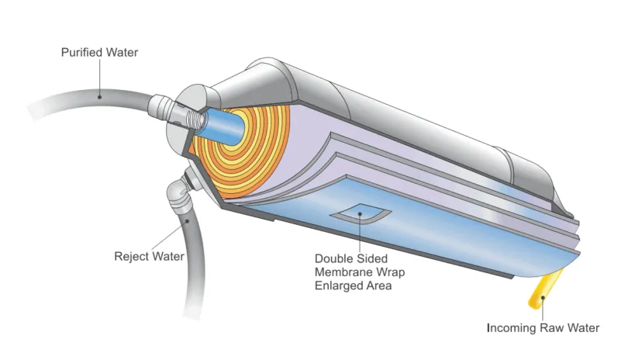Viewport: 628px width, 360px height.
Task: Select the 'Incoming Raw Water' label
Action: click(543, 327)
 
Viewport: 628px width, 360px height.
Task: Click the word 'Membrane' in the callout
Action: click(340, 272)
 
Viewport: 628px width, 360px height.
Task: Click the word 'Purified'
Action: click(79, 53)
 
